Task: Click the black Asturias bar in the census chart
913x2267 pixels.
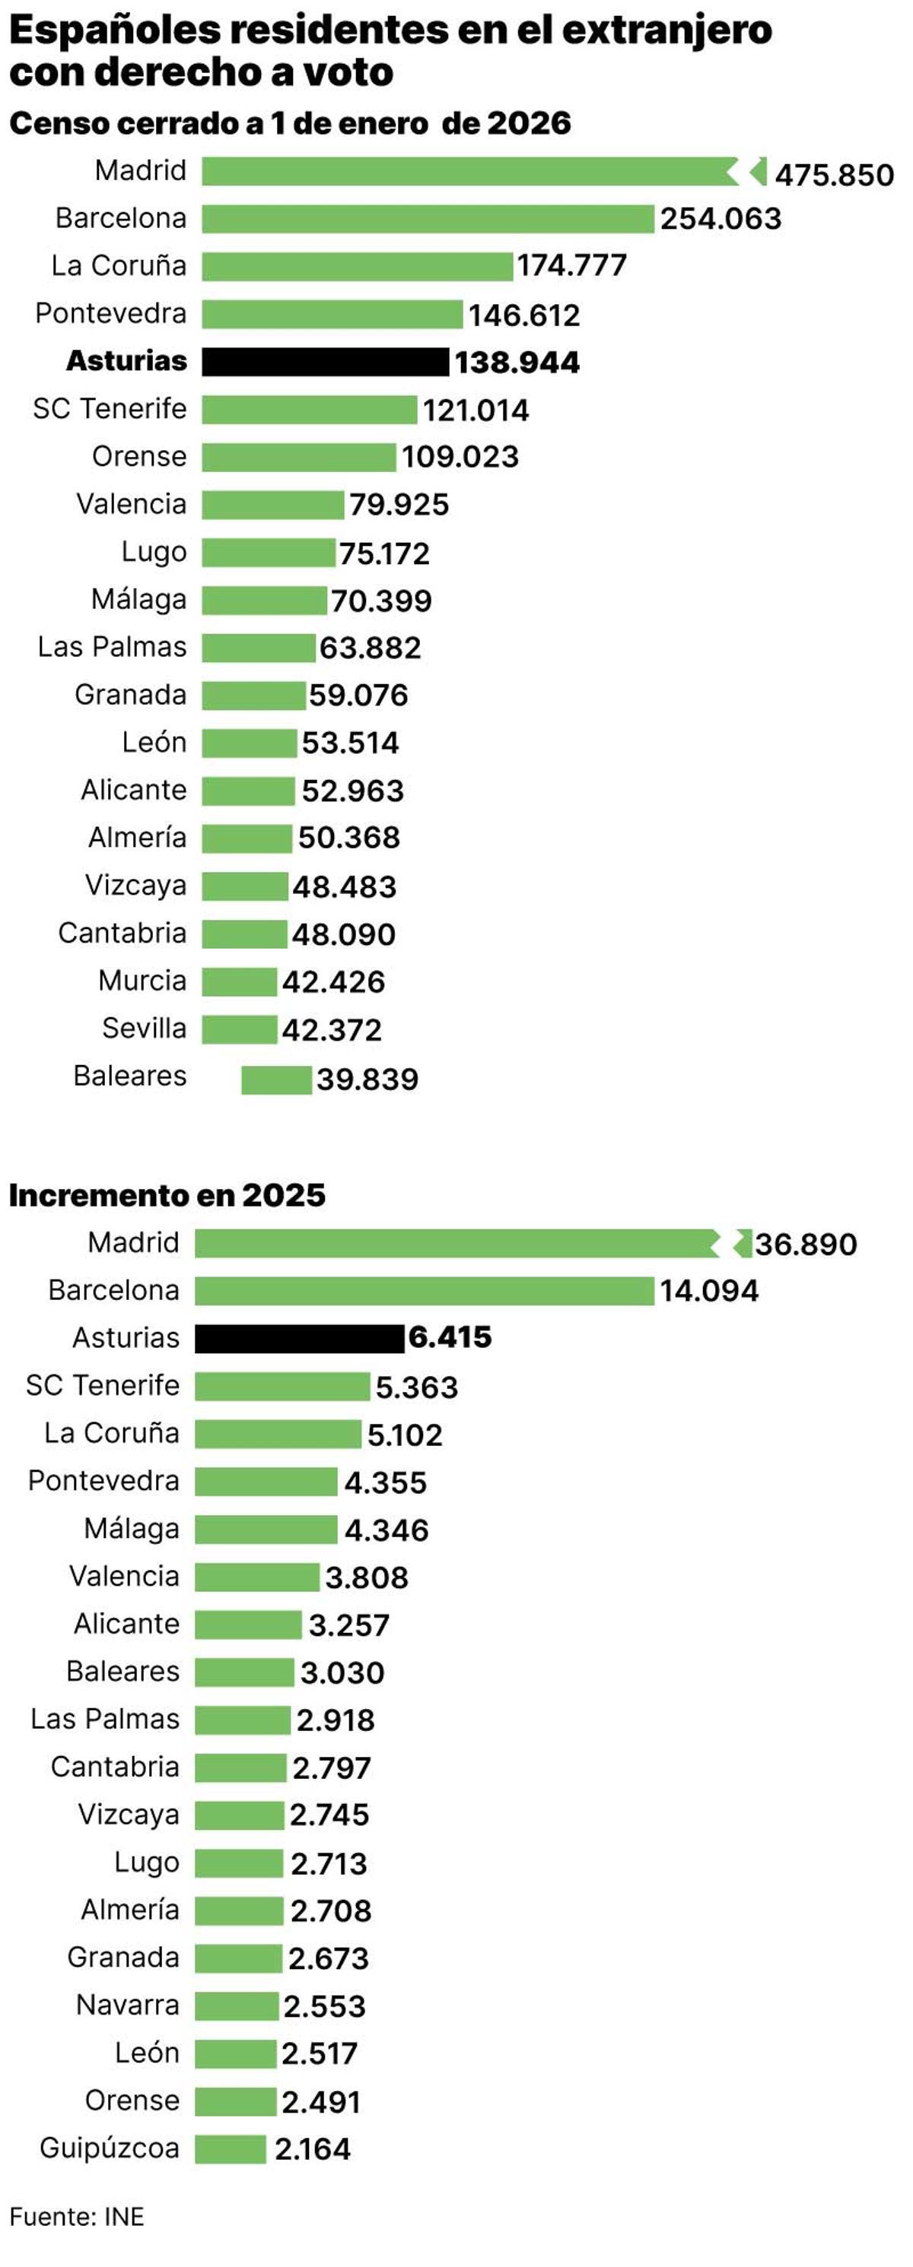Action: [325, 362]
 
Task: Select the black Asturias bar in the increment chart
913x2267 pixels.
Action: [298, 1339]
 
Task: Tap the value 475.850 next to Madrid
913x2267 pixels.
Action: [833, 174]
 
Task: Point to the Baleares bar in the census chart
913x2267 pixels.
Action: [275, 1080]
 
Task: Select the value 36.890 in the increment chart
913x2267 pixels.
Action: [805, 1244]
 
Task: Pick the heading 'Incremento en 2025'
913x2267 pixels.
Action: [167, 1195]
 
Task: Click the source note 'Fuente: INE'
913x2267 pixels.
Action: [77, 2216]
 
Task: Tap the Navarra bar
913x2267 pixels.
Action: [236, 2005]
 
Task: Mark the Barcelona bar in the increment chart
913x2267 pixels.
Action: [424, 1291]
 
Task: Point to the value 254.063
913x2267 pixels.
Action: [721, 218]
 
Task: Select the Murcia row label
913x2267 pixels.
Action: [142, 981]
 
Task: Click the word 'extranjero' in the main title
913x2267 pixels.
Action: [666, 31]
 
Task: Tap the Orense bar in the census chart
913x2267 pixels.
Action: [298, 458]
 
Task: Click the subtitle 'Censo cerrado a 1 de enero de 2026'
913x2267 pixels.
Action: [290, 123]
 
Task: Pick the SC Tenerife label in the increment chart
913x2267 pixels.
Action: [102, 1385]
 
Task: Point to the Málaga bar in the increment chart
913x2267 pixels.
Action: [265, 1530]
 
